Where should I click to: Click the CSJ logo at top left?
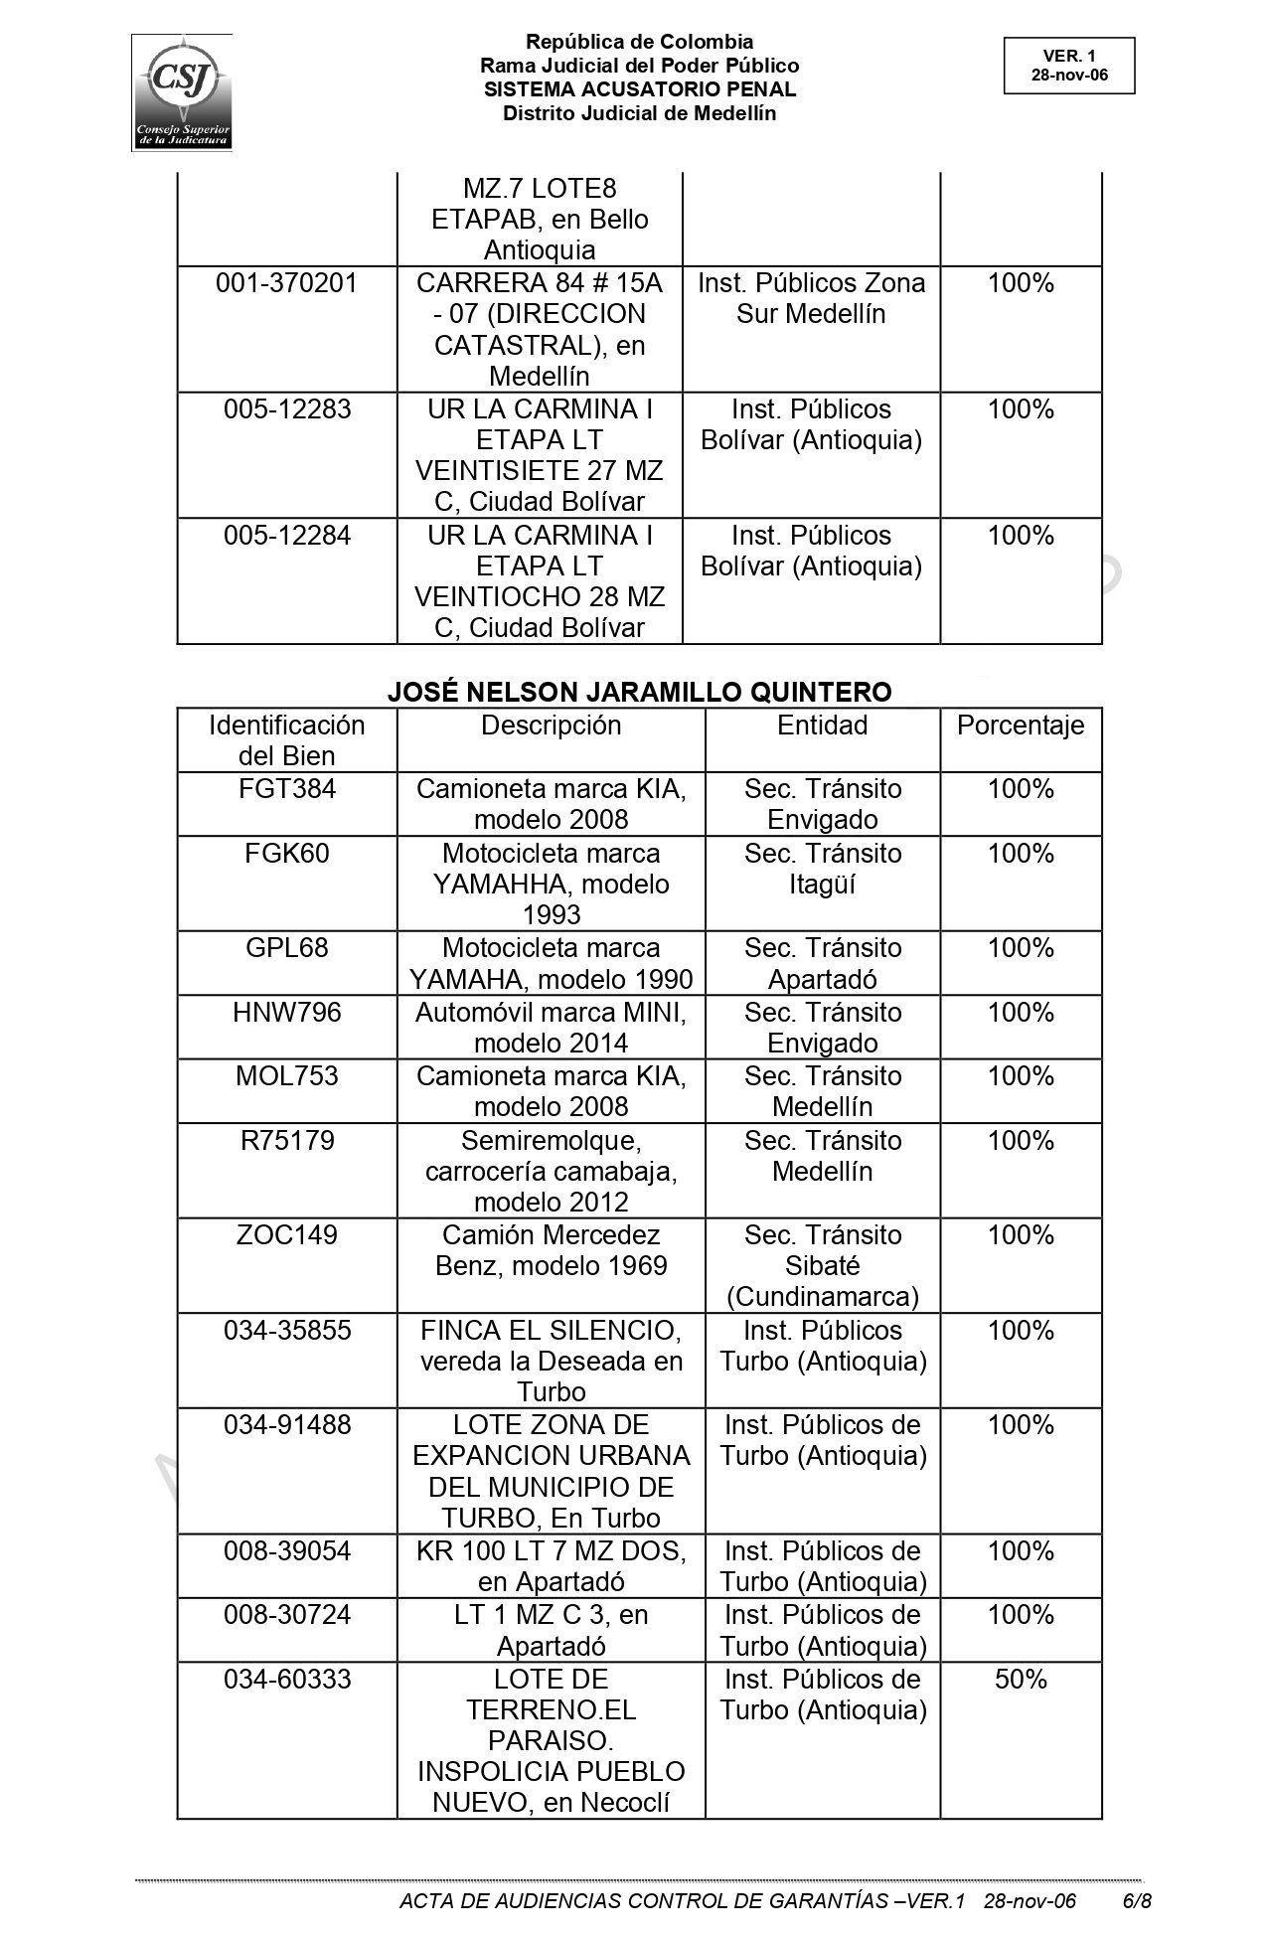tap(182, 92)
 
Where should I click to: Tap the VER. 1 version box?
tap(1068, 66)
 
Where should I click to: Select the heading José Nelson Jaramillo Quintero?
tap(639, 692)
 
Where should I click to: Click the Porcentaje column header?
tap(1020, 726)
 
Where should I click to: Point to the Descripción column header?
tap(551, 726)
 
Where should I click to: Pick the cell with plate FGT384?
tap(287, 789)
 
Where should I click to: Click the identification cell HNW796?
tap(287, 1013)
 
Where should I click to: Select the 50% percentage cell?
tap(1020, 1680)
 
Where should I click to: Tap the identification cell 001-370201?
tap(287, 283)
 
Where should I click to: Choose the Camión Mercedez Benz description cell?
tap(551, 1250)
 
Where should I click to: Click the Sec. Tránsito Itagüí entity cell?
tap(822, 869)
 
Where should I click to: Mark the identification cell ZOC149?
tap(287, 1235)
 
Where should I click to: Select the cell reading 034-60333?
tap(287, 1680)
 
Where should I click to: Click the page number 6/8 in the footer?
tap(1136, 1901)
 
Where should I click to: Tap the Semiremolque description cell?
tap(551, 1171)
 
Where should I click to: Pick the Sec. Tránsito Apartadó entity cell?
tap(822, 963)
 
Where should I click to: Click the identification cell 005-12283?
tap(287, 409)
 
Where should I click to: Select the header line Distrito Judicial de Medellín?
tap(639, 113)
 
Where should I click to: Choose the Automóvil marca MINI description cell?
tap(551, 1028)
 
